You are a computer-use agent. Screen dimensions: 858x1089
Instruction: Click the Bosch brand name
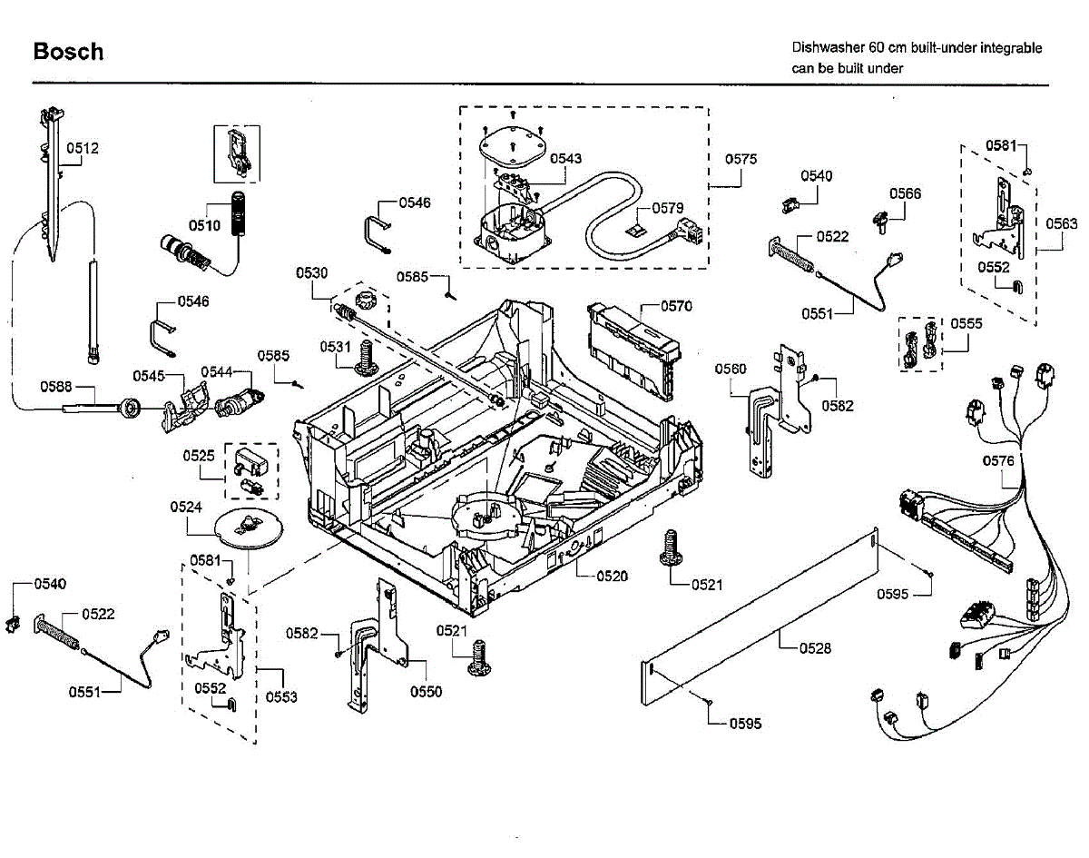68,52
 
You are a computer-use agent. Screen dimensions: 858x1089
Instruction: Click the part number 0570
675,306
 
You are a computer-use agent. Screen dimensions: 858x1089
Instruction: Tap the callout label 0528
815,648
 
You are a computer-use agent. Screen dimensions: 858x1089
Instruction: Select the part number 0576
998,461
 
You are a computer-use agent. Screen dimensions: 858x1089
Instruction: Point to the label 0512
83,148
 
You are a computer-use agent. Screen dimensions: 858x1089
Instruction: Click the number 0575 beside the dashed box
741,159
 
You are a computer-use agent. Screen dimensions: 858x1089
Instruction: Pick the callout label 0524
186,507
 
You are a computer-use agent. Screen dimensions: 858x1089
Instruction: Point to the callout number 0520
613,576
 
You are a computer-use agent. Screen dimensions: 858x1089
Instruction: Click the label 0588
55,386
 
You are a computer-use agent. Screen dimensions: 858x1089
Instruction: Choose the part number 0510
204,224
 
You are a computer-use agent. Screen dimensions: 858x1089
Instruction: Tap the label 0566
905,193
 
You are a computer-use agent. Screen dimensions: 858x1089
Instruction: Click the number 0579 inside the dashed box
669,208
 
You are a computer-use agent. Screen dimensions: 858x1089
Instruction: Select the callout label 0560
731,369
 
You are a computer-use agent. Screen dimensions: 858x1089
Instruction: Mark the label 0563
1062,223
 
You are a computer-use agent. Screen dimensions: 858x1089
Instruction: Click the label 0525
199,454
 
